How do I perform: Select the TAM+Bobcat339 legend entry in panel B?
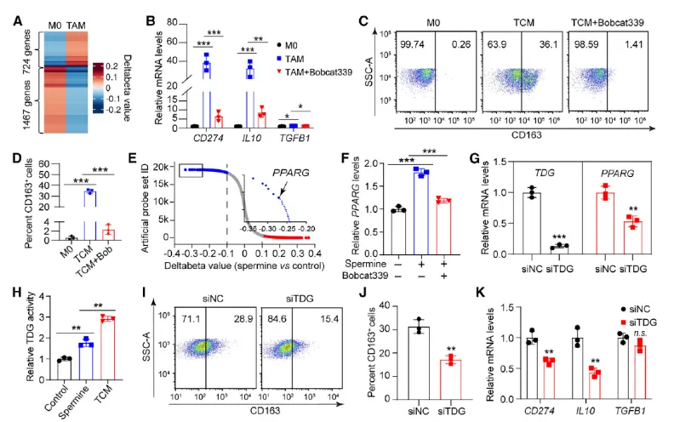click(318, 73)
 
